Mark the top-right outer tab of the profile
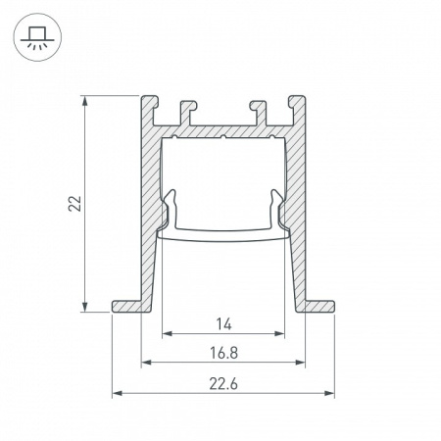click(x=298, y=103)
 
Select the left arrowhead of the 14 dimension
click(x=166, y=334)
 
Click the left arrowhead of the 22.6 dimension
click(x=118, y=393)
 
